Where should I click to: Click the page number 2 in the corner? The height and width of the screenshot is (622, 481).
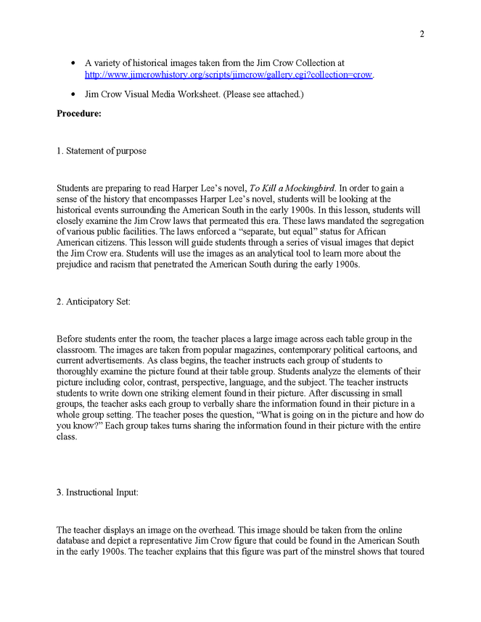pyautogui.click(x=422, y=33)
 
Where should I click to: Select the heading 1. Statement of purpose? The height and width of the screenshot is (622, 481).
pyautogui.click(x=102, y=151)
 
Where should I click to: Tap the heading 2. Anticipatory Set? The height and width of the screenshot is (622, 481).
pyautogui.click(x=94, y=302)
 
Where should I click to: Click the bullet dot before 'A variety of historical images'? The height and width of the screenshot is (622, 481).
pyautogui.click(x=73, y=64)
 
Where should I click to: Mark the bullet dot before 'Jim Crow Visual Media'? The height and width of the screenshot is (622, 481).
pyautogui.click(x=73, y=94)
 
